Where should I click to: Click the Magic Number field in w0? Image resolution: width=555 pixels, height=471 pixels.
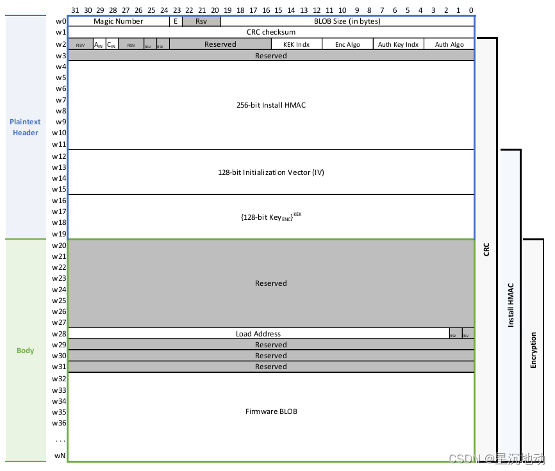119,21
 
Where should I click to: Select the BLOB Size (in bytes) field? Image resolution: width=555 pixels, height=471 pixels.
347,21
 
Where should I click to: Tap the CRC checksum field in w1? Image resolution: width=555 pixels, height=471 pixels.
271,32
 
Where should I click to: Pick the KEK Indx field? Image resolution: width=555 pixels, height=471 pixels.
296,44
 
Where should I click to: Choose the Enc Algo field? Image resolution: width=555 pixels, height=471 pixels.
347,44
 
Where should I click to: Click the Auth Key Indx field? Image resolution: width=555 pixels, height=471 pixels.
398,44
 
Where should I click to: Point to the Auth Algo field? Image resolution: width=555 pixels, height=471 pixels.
449,44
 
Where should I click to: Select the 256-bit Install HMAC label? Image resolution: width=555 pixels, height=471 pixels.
271,104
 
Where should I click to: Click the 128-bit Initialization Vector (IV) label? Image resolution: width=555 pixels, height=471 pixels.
271,172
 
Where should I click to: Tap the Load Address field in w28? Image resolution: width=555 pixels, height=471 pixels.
258,333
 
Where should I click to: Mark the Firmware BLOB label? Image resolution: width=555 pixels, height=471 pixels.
271,411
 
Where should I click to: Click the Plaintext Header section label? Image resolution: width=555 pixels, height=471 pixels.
26,127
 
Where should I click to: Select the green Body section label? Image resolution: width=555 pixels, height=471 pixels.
26,351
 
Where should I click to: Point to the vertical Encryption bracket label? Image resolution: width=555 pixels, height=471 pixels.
533,350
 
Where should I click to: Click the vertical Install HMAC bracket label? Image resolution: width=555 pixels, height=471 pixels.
511,304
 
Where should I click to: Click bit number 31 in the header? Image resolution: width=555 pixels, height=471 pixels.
74,10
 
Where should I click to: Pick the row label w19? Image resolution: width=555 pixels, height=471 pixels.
60,234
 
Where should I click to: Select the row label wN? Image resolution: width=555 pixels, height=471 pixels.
60,456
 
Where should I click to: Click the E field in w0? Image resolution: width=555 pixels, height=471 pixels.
176,21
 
